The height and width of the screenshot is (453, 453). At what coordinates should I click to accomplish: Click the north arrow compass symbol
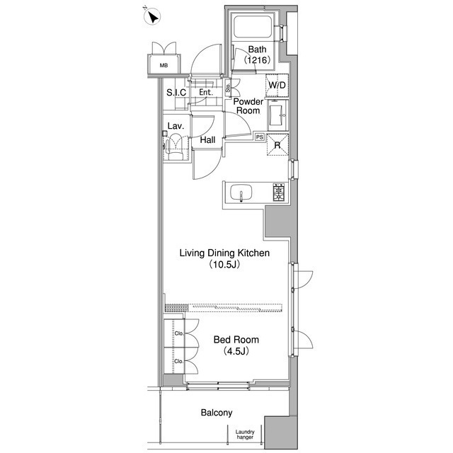[x=152, y=17]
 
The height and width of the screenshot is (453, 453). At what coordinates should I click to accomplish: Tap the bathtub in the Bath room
[x=252, y=27]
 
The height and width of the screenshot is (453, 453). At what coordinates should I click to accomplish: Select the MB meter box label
[x=164, y=65]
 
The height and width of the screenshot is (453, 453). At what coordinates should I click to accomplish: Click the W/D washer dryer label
[x=277, y=85]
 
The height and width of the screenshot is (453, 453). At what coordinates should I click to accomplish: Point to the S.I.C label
[x=176, y=93]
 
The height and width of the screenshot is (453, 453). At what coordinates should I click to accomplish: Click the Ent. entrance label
[x=206, y=93]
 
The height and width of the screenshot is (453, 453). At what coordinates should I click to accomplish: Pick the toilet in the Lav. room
[x=176, y=147]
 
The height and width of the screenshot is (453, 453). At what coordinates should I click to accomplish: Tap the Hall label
[x=207, y=140]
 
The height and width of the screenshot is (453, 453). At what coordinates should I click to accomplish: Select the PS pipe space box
[x=260, y=137]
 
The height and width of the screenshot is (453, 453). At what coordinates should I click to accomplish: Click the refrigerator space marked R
[x=277, y=145]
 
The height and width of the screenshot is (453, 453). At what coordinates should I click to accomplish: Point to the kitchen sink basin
[x=241, y=193]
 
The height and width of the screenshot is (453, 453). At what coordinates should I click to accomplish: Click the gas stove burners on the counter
[x=279, y=192]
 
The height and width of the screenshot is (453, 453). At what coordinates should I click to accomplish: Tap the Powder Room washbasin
[x=277, y=115]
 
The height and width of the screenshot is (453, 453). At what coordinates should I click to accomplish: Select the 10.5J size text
[x=225, y=265]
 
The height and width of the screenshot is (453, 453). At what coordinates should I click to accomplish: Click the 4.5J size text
[x=236, y=351]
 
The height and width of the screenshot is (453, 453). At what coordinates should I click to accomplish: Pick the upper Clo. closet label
[x=179, y=333]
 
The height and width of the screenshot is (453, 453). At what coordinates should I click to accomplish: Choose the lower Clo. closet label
[x=179, y=361]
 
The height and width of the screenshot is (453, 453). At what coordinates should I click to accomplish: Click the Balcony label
[x=217, y=413]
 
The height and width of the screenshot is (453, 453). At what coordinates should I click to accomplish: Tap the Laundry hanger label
[x=245, y=434]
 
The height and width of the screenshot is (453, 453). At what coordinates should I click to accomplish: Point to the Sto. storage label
[x=228, y=88]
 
